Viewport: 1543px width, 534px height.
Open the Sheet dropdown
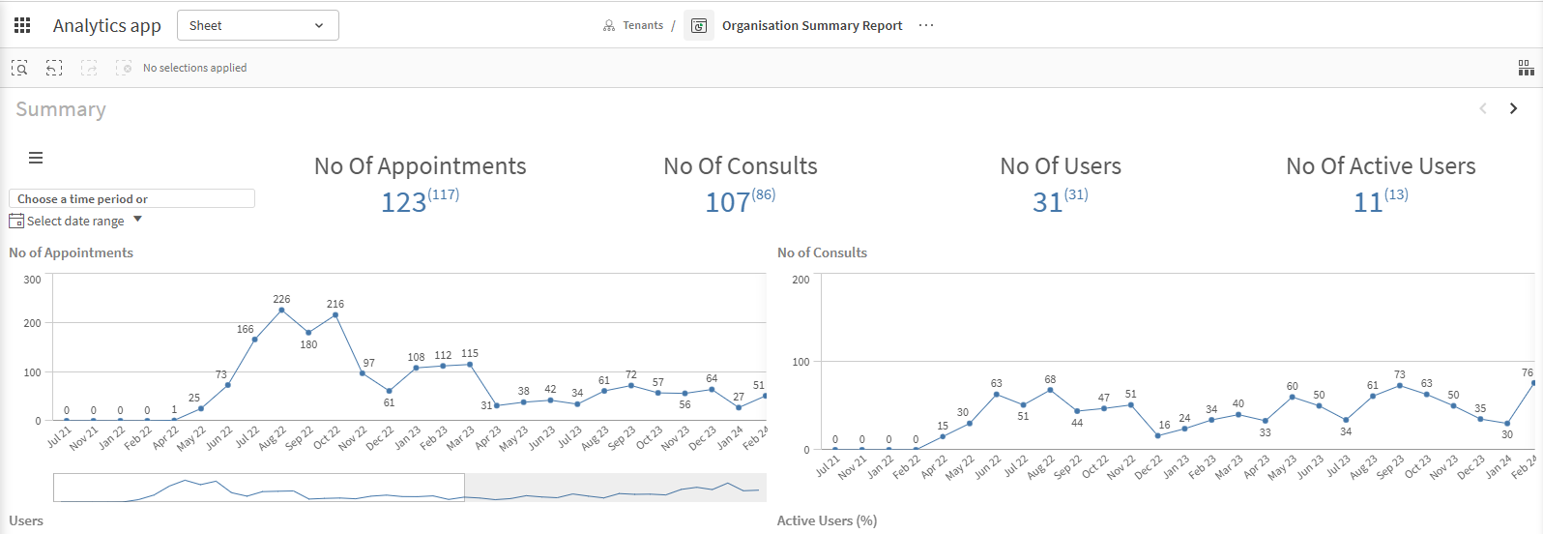(257, 25)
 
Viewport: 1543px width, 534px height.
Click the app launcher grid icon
(22, 25)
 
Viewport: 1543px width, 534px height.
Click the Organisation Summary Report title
(812, 25)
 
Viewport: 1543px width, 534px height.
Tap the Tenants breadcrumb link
(643, 25)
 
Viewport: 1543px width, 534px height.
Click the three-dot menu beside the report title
(926, 25)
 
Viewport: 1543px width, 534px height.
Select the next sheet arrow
(1513, 108)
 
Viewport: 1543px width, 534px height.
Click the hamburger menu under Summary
(36, 158)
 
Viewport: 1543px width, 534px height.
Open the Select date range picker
(75, 221)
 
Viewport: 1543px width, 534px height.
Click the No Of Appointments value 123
(404, 202)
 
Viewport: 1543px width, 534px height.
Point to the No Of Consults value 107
(727, 202)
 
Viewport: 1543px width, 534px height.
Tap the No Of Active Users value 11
(1368, 202)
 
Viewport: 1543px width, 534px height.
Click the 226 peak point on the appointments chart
(281, 311)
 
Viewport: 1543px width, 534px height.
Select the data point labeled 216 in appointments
(335, 315)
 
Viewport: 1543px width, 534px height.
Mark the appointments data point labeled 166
(255, 339)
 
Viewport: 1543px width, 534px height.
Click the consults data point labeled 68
(1051, 390)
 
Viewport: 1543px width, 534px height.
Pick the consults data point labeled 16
(1158, 435)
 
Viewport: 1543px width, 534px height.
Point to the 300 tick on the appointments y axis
(32, 279)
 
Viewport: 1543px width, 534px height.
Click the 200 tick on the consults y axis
(801, 279)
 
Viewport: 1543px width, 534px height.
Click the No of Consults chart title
(822, 252)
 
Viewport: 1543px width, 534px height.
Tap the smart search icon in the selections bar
(19, 68)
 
